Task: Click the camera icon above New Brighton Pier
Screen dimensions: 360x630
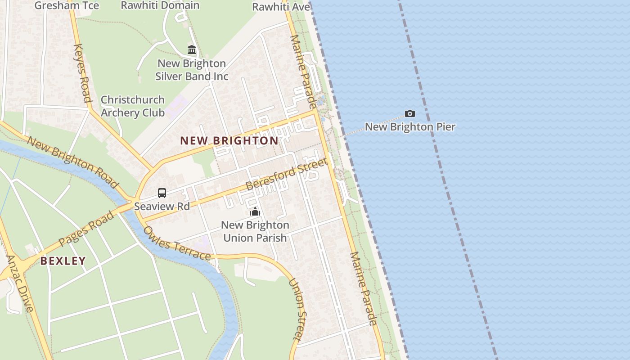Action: click(409, 113)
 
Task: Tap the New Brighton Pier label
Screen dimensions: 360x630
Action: click(410, 127)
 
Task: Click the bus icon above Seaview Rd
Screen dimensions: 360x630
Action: click(162, 193)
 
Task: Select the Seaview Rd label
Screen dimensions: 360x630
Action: click(162, 207)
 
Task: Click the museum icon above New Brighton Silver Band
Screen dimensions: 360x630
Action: click(192, 49)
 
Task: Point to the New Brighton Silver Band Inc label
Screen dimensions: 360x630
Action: click(192, 70)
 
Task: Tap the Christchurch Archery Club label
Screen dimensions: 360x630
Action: click(132, 106)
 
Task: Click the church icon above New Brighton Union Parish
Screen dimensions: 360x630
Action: click(255, 211)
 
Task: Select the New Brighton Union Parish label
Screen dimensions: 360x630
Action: click(255, 231)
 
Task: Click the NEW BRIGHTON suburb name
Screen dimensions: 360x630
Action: click(229, 140)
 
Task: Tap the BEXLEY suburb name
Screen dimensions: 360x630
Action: click(63, 261)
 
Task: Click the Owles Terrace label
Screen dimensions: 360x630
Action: click(177, 243)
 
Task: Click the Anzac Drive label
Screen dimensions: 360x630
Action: click(20, 283)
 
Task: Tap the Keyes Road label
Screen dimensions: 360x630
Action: click(82, 73)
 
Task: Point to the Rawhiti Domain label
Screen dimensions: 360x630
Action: click(160, 5)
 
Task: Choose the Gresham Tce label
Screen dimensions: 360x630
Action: click(67, 5)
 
